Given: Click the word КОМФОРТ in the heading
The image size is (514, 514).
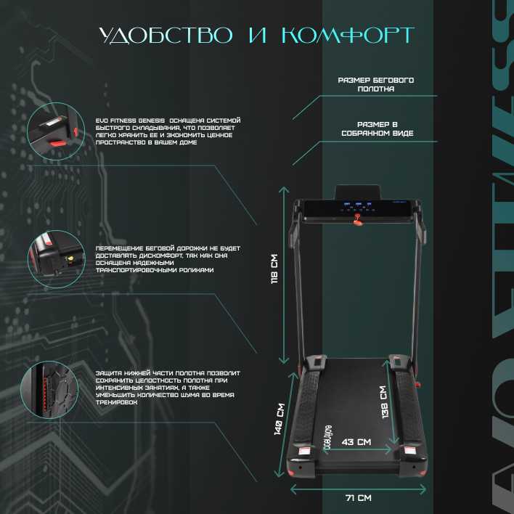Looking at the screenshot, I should click(x=351, y=36).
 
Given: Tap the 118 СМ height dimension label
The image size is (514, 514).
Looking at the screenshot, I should click(x=275, y=270).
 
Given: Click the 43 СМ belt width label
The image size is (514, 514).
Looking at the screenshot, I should click(x=356, y=441).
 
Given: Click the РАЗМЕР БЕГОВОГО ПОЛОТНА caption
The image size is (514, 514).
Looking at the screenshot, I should click(x=375, y=84).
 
